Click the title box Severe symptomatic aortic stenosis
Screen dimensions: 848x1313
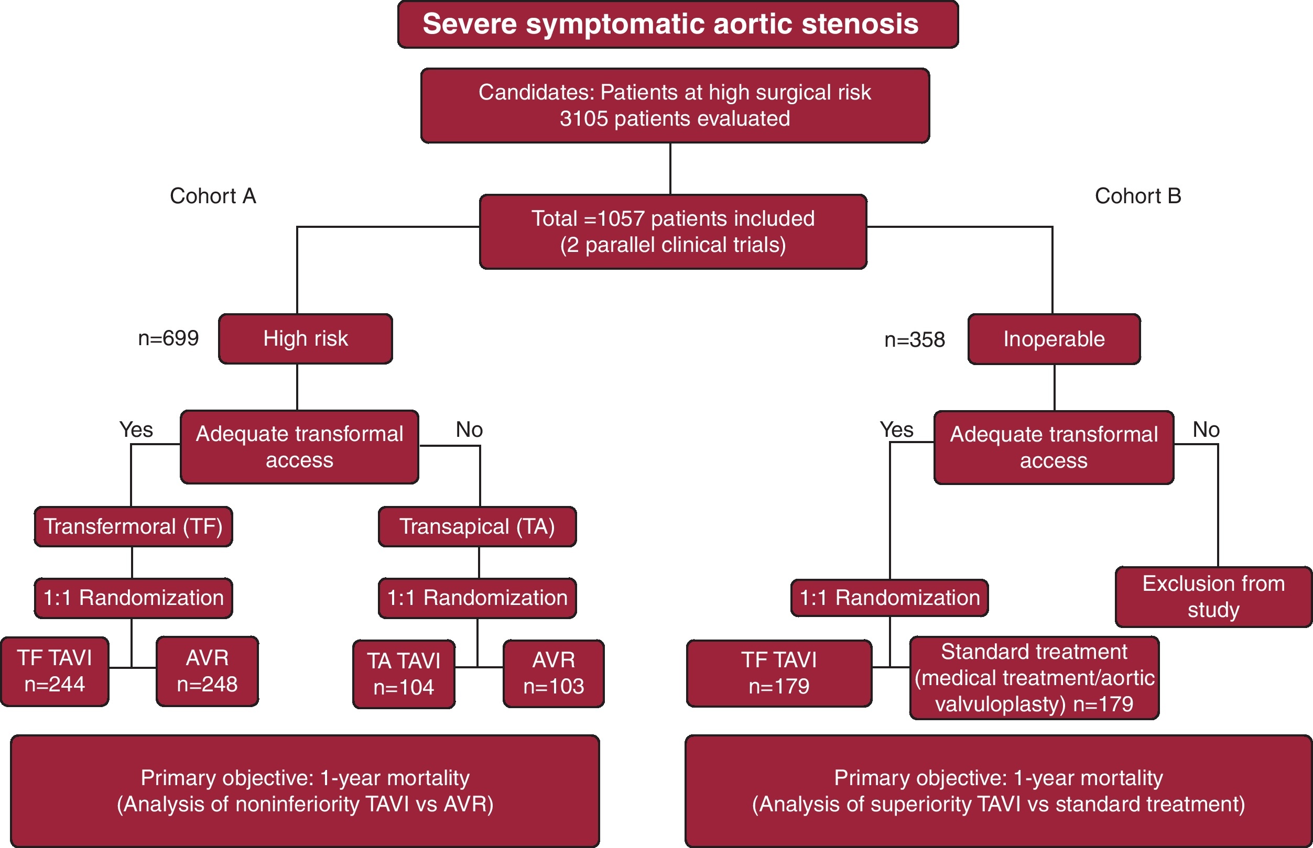click(678, 24)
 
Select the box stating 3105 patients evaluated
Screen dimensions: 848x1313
click(675, 106)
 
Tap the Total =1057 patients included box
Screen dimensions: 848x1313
click(673, 232)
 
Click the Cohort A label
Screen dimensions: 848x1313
click(213, 196)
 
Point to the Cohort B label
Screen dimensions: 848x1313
click(1138, 196)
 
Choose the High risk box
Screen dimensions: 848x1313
click(305, 339)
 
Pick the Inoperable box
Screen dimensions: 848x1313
click(1054, 339)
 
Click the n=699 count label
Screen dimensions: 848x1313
click(168, 338)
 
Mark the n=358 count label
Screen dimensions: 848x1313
click(914, 340)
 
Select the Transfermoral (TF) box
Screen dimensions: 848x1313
click(133, 526)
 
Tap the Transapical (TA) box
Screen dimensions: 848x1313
click(477, 526)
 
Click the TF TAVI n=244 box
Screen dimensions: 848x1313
click(55, 671)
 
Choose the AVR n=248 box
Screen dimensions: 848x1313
click(207, 671)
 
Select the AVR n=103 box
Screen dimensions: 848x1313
click(553, 674)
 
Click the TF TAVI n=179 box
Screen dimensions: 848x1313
click(778, 674)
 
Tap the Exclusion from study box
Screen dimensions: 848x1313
click(1213, 597)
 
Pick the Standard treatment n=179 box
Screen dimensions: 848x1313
click(1034, 678)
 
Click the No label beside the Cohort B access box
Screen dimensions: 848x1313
click(1206, 429)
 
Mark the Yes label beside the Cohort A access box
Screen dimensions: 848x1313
click(136, 429)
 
